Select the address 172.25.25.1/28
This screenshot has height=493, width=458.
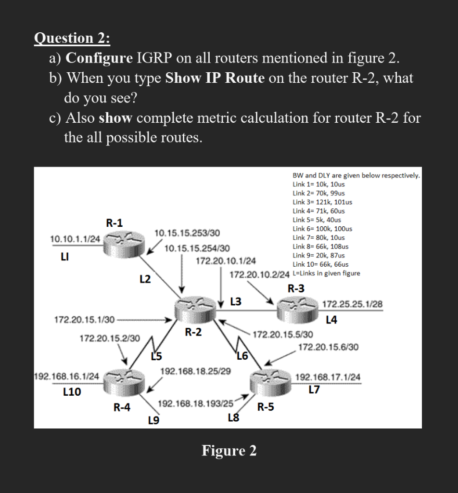pyautogui.click(x=352, y=304)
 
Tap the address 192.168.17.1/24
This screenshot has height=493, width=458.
pyautogui.click(x=328, y=377)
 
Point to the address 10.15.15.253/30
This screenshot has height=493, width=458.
pyautogui.click(x=187, y=234)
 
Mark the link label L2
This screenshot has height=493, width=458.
pyautogui.click(x=144, y=279)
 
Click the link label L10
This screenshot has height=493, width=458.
pyautogui.click(x=72, y=392)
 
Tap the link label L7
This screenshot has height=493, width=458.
pyautogui.click(x=313, y=390)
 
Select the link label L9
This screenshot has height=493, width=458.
pyautogui.click(x=153, y=421)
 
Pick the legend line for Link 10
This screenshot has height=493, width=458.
pyautogui.click(x=320, y=264)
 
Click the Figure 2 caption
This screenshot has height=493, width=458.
pyautogui.click(x=229, y=451)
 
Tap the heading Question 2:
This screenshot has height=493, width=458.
pyautogui.click(x=72, y=38)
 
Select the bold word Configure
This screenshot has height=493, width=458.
pyautogui.click(x=99, y=58)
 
